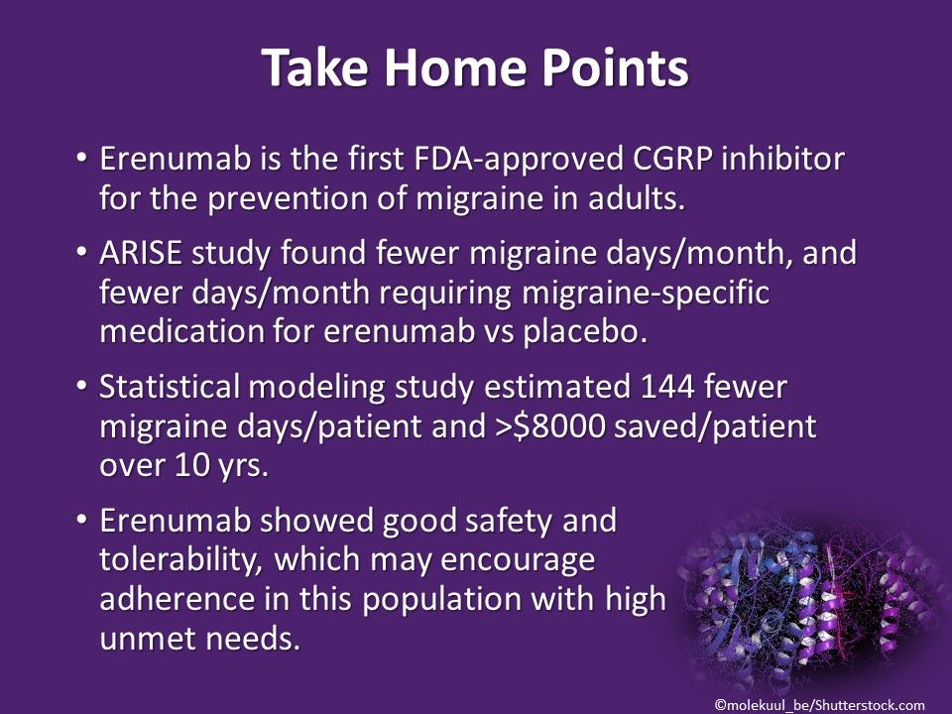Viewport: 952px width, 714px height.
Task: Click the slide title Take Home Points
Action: [x=475, y=69]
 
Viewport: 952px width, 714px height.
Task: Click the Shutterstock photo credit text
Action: [x=819, y=703]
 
